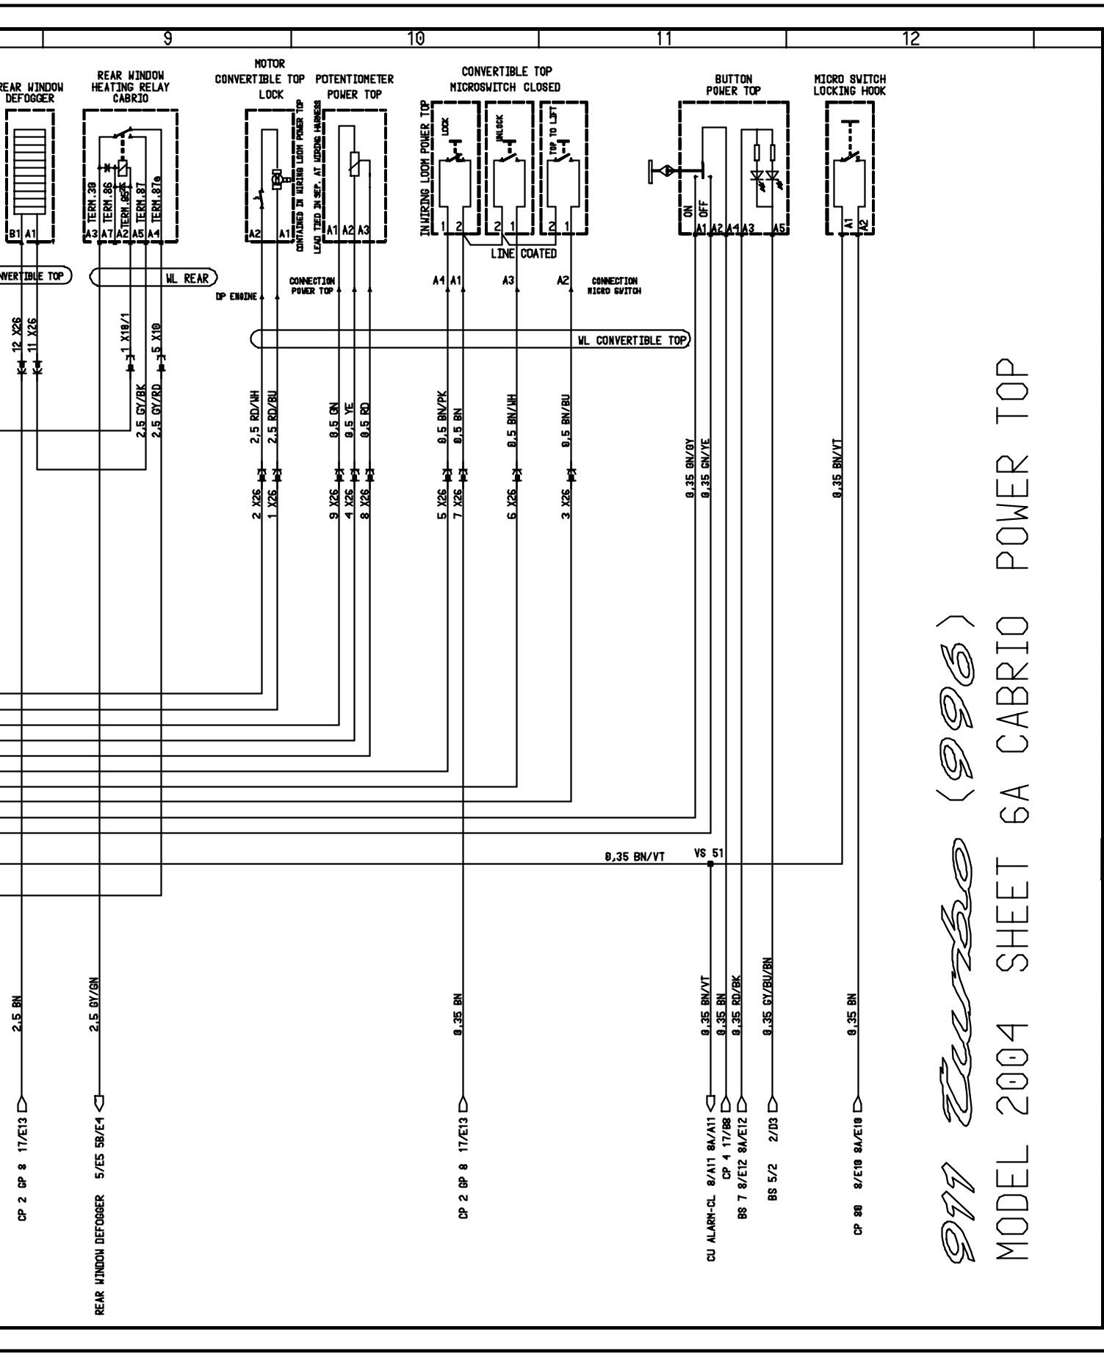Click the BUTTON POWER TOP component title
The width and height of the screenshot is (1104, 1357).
coord(733,84)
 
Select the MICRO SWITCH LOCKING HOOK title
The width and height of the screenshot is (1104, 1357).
coord(849,84)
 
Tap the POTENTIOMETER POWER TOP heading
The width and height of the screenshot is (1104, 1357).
coord(355,86)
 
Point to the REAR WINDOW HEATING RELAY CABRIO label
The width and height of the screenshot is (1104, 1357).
coord(130,87)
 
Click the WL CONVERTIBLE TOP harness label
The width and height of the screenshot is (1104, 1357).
coord(632,340)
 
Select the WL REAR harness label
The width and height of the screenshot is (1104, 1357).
coord(187,278)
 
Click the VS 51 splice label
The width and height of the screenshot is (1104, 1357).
coord(708,853)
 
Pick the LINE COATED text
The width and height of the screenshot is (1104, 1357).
coord(524,253)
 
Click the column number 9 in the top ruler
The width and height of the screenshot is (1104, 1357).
coord(167,39)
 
